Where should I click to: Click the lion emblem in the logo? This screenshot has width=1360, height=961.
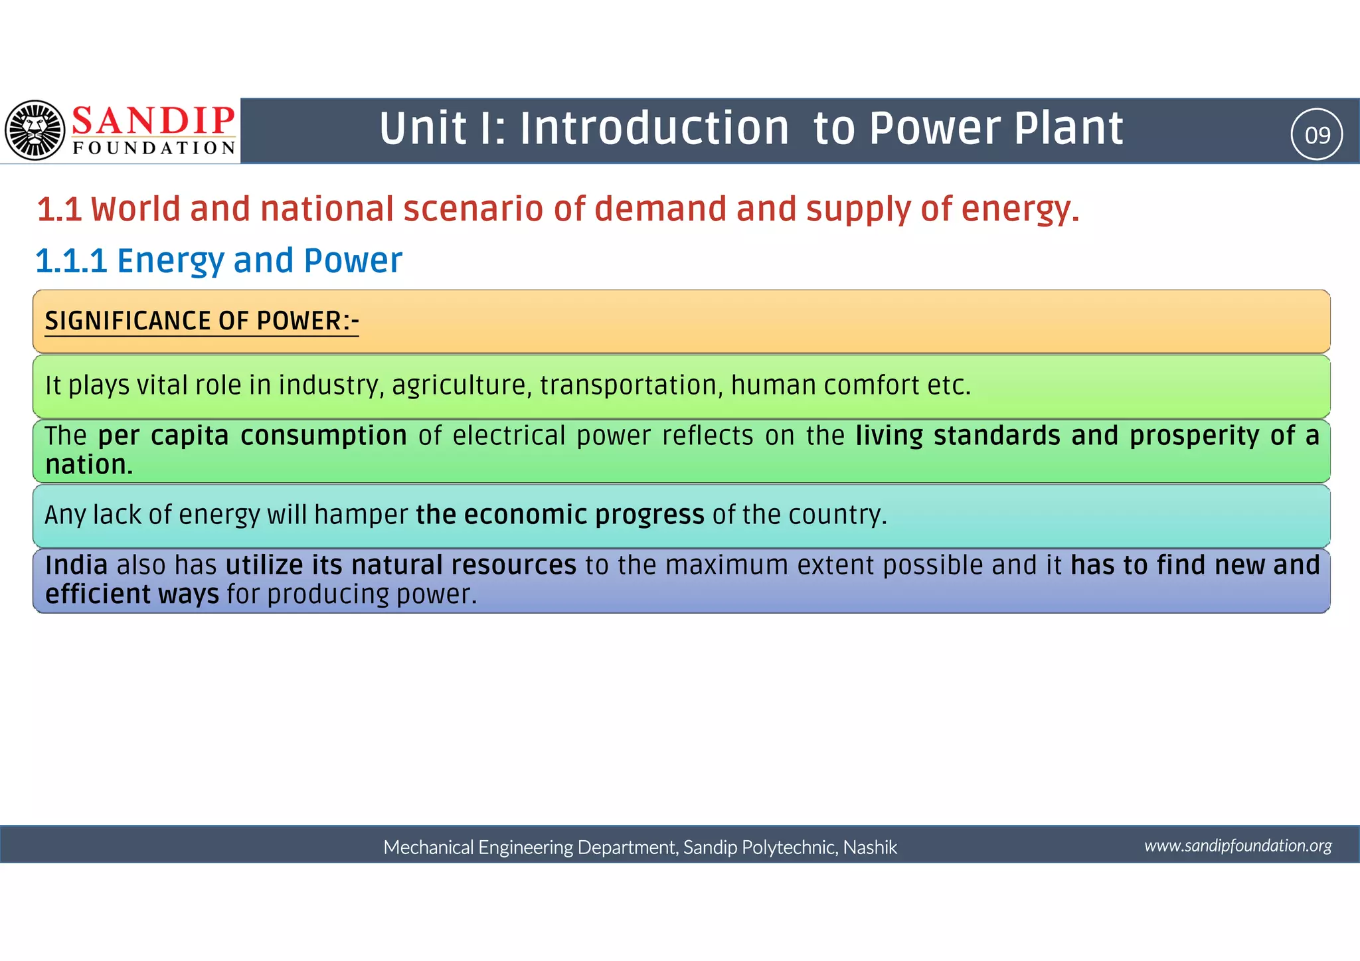point(35,130)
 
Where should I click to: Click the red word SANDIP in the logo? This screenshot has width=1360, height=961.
point(153,120)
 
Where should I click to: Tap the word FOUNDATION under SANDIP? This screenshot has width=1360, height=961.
point(154,147)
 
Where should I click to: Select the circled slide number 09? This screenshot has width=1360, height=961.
point(1317,135)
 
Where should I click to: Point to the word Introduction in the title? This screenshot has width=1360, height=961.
point(654,128)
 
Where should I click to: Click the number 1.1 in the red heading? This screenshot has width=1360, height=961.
point(59,209)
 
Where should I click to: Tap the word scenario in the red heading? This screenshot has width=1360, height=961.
point(473,209)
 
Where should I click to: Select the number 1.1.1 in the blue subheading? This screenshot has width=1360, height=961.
point(71,260)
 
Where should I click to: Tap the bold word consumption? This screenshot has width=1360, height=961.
point(323,436)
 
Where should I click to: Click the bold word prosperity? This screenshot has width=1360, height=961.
point(1194,436)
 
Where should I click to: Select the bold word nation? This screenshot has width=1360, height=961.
point(88,465)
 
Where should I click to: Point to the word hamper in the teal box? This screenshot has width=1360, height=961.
point(361,515)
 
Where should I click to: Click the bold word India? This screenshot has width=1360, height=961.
point(76,565)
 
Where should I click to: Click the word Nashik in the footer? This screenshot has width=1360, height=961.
point(870,847)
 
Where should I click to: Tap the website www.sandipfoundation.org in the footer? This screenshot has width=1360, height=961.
point(1238,845)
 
